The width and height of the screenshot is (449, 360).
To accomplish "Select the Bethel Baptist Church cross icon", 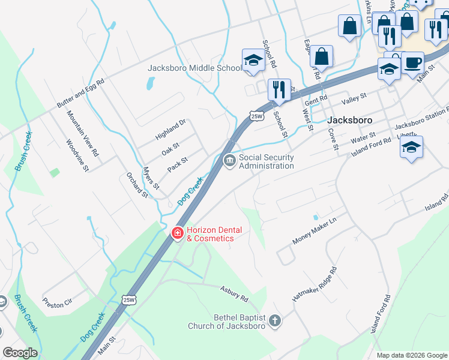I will coord(275,321).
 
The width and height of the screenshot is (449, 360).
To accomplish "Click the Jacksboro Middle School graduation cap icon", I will coord(253,61).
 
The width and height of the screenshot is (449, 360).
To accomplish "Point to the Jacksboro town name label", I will coord(351,120).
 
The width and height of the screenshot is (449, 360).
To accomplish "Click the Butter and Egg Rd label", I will coord(81,93).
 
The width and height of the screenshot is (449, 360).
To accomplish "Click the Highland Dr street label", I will coord(170,127).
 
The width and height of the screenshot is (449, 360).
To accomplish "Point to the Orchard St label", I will coord(136,185).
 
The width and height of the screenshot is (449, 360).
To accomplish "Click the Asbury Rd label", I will coord(234,293).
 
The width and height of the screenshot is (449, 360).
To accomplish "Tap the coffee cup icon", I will coord(412,62).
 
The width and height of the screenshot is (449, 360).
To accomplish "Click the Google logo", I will coord(20,353).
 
